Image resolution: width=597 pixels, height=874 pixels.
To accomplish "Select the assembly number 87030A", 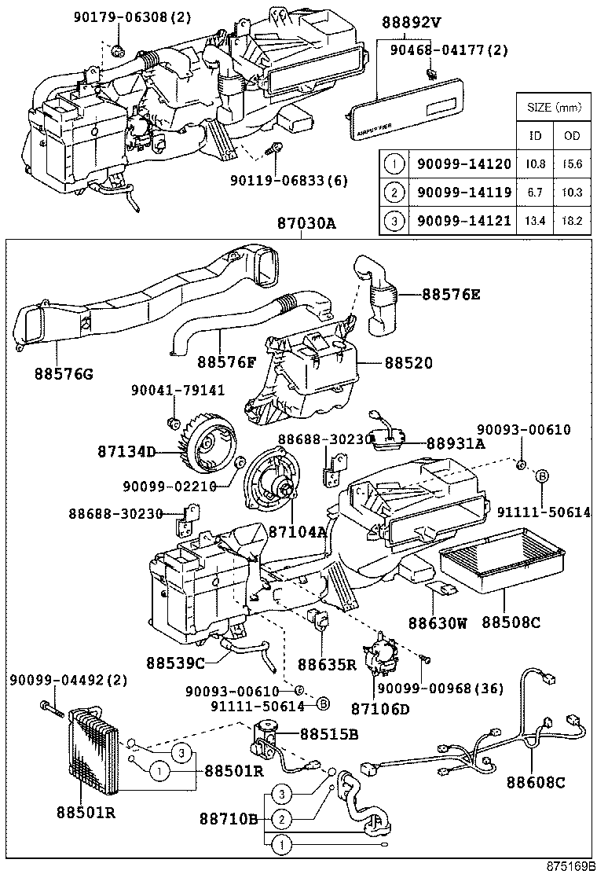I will coord(306,224).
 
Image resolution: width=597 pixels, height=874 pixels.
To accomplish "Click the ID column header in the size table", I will coord(535,135).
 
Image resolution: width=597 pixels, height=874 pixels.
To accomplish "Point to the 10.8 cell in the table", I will coord(535,163).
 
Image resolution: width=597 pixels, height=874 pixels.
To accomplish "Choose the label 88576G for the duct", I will coord(63,373).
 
